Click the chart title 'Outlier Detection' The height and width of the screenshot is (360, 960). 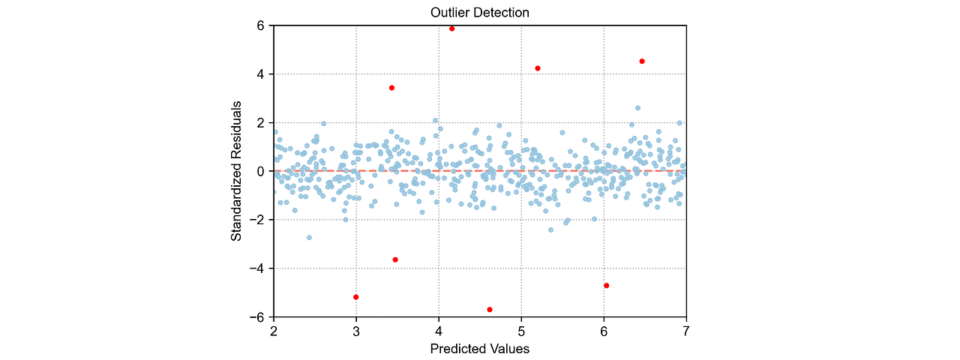pos(479,13)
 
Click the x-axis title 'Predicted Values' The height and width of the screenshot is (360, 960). pos(479,349)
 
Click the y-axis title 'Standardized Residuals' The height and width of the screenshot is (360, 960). pos(236,171)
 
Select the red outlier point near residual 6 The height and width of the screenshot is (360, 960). pos(451,28)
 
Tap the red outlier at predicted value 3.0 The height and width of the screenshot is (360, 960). pos(355,297)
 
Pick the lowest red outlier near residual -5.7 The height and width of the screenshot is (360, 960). pos(490,309)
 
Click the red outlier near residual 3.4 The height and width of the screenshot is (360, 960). pos(391,88)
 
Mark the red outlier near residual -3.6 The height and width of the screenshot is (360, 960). pos(395,259)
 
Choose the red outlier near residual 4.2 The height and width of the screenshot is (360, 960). pos(538,68)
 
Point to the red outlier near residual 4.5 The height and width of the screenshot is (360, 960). pos(642,61)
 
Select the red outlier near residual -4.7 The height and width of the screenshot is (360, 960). pos(606,286)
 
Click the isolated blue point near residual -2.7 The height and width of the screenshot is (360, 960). pos(309,238)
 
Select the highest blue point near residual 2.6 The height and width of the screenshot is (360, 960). pos(637,108)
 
